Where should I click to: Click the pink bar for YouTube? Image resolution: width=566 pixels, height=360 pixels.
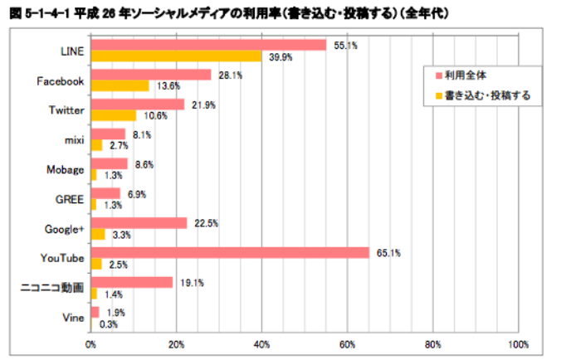click(229, 252)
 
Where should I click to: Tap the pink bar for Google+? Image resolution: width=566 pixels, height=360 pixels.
click(139, 222)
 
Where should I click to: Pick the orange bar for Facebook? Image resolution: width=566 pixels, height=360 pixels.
click(120, 85)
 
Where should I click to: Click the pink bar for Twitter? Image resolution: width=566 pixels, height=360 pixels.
click(137, 105)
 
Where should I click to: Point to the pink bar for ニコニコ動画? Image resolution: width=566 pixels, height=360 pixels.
click(131, 282)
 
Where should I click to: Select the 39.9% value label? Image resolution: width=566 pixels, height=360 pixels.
click(279, 57)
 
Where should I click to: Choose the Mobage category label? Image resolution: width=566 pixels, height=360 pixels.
click(66, 169)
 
